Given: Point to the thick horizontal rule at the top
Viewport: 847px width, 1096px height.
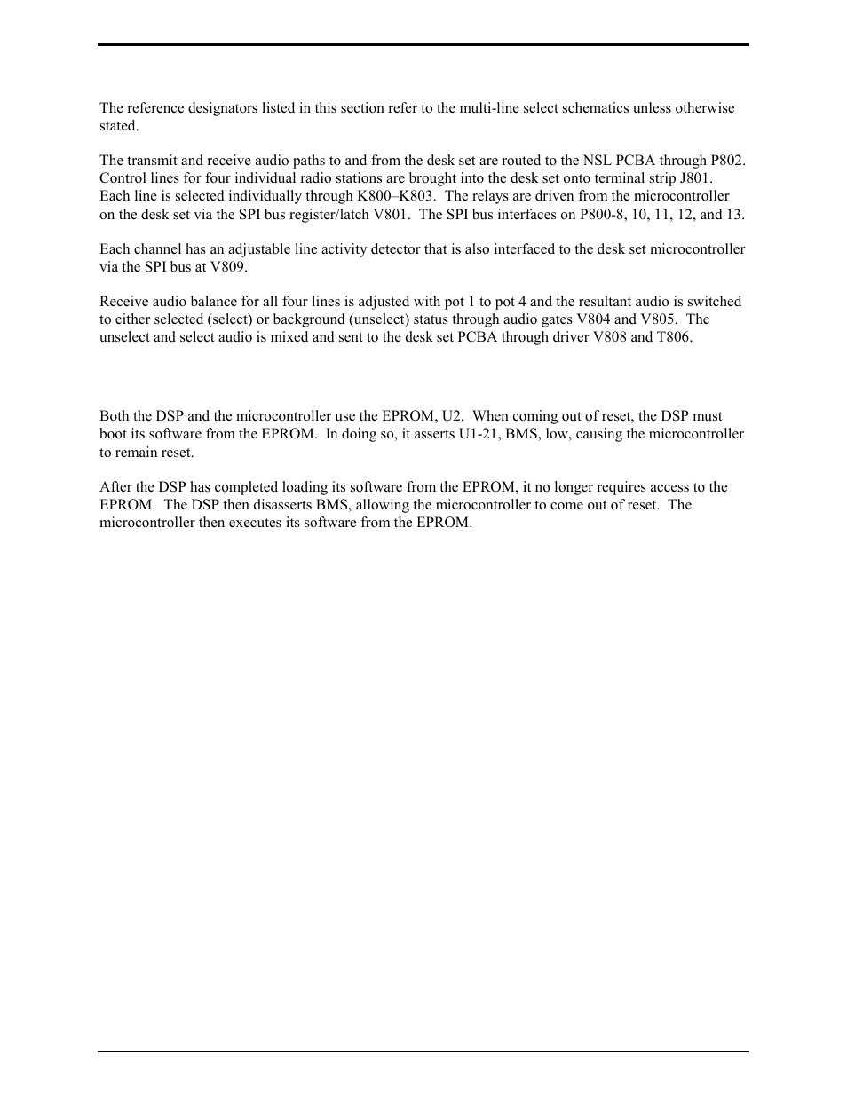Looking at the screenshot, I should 423,45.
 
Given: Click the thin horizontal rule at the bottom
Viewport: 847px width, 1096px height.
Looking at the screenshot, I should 423,1052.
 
